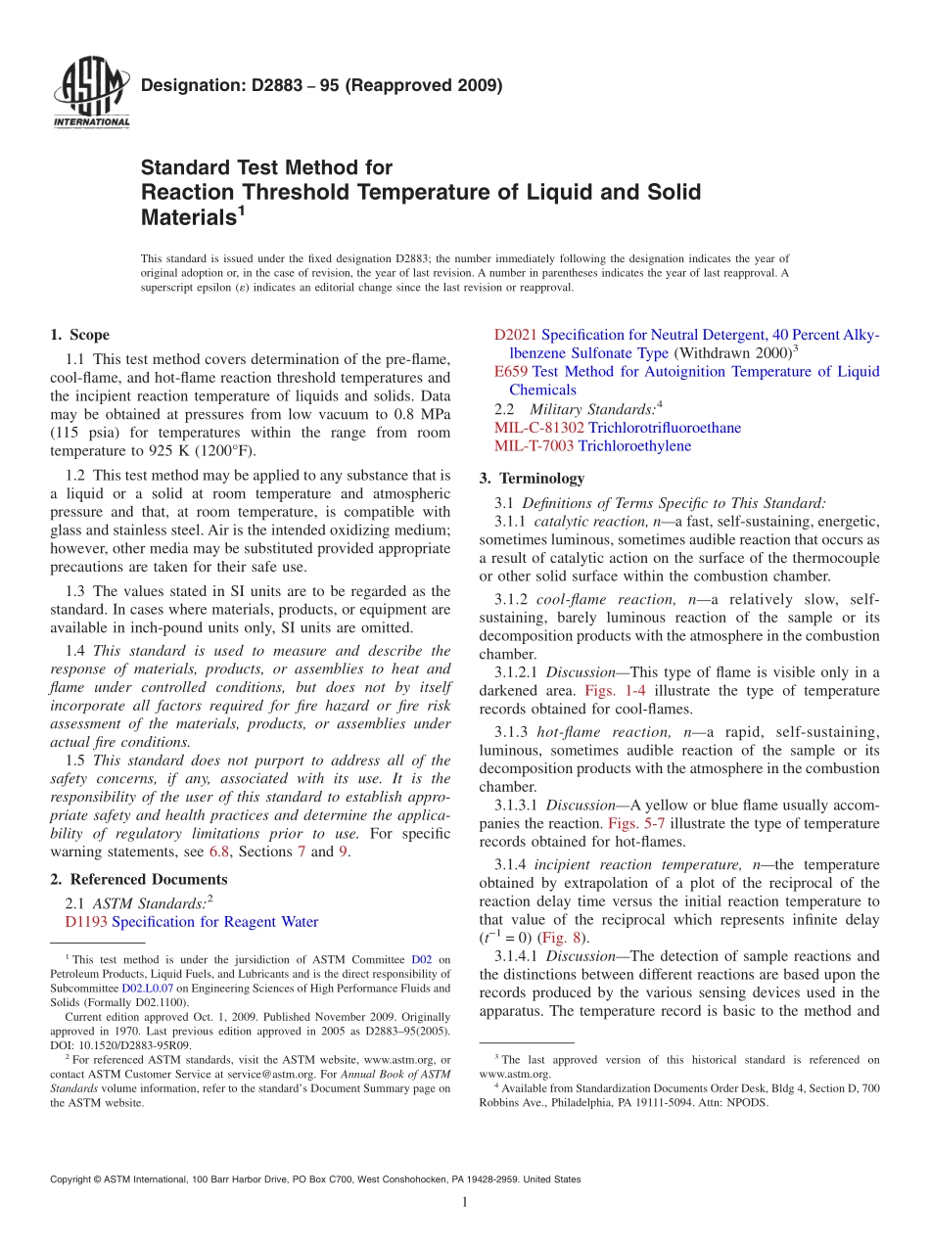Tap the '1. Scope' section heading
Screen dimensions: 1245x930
click(80, 335)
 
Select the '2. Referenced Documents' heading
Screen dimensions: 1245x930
click(139, 879)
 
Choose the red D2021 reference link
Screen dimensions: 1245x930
click(516, 335)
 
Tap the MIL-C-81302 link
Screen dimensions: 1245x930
click(539, 428)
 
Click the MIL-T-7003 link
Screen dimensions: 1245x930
click(534, 445)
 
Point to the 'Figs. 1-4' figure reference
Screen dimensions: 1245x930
click(615, 690)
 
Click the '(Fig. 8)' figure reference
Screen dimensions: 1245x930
click(565, 937)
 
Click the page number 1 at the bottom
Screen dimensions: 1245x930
click(464, 1203)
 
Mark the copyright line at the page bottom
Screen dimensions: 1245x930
click(314, 1179)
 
